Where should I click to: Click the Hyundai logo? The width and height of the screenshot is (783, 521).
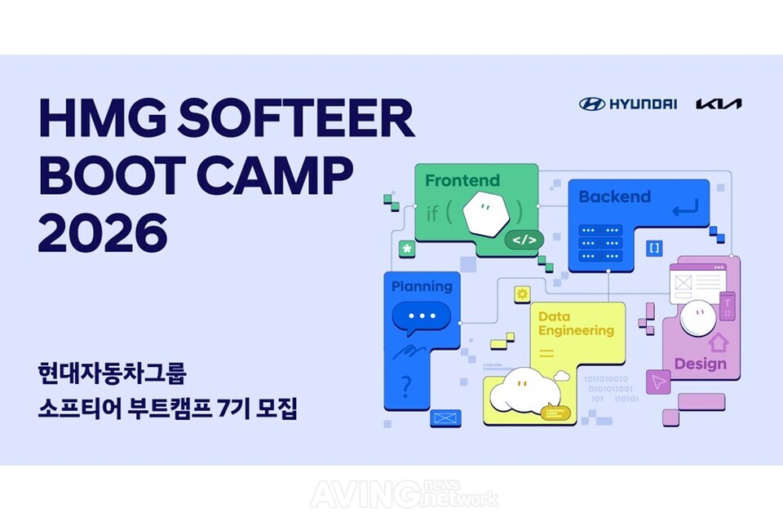628,104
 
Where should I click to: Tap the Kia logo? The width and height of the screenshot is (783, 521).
719,104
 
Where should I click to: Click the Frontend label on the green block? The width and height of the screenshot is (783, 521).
462,180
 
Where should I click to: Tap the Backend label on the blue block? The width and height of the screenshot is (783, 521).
614,196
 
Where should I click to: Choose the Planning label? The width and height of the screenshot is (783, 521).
422,286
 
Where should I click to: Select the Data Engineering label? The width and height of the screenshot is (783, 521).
575,323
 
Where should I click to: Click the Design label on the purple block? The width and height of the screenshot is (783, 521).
700,364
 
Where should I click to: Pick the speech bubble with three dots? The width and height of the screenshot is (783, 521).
422,316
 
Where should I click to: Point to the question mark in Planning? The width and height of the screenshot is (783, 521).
406,384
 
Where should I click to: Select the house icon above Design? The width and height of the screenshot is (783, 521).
719,341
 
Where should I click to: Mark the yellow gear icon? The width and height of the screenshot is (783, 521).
522,294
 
